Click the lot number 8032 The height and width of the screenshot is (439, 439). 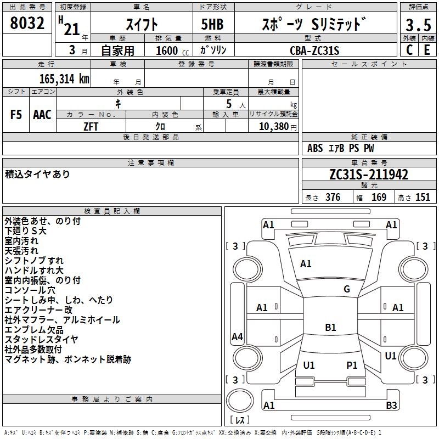coord(27,24)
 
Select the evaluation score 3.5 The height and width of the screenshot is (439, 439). coord(417,25)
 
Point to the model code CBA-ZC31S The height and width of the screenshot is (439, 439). coord(314,50)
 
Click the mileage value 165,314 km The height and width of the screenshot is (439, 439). coord(64,78)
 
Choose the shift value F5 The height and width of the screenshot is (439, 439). coord(16,115)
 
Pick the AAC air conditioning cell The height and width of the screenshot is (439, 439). coord(42,115)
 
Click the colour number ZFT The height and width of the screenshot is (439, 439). coord(91,126)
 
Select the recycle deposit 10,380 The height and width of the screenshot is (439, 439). coord(272,126)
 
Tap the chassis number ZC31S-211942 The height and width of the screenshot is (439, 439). coord(368,175)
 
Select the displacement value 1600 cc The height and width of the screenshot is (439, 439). coord(172,50)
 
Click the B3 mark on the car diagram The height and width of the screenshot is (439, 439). coord(391,406)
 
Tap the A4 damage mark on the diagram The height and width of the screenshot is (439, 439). coord(237,337)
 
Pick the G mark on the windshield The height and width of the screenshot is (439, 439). coord(346,289)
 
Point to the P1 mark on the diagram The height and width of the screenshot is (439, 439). coord(352,365)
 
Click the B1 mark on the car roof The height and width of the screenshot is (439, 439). coord(330,328)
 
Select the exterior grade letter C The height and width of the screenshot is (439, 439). coord(409,50)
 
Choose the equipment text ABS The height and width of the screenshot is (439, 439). coord(315,148)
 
